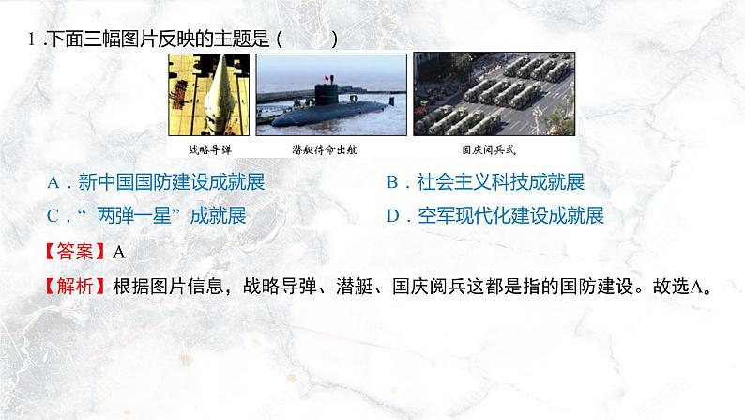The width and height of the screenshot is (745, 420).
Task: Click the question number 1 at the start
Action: [33, 39]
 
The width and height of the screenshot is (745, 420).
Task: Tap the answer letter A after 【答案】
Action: [118, 251]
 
